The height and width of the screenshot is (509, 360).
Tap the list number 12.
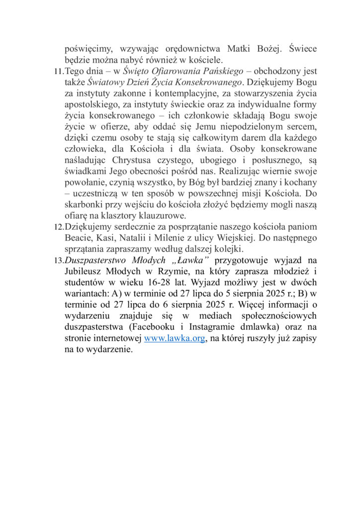tap(58, 227)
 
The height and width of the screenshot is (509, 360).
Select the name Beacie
tap(78, 237)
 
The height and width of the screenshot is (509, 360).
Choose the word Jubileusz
tap(84, 271)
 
